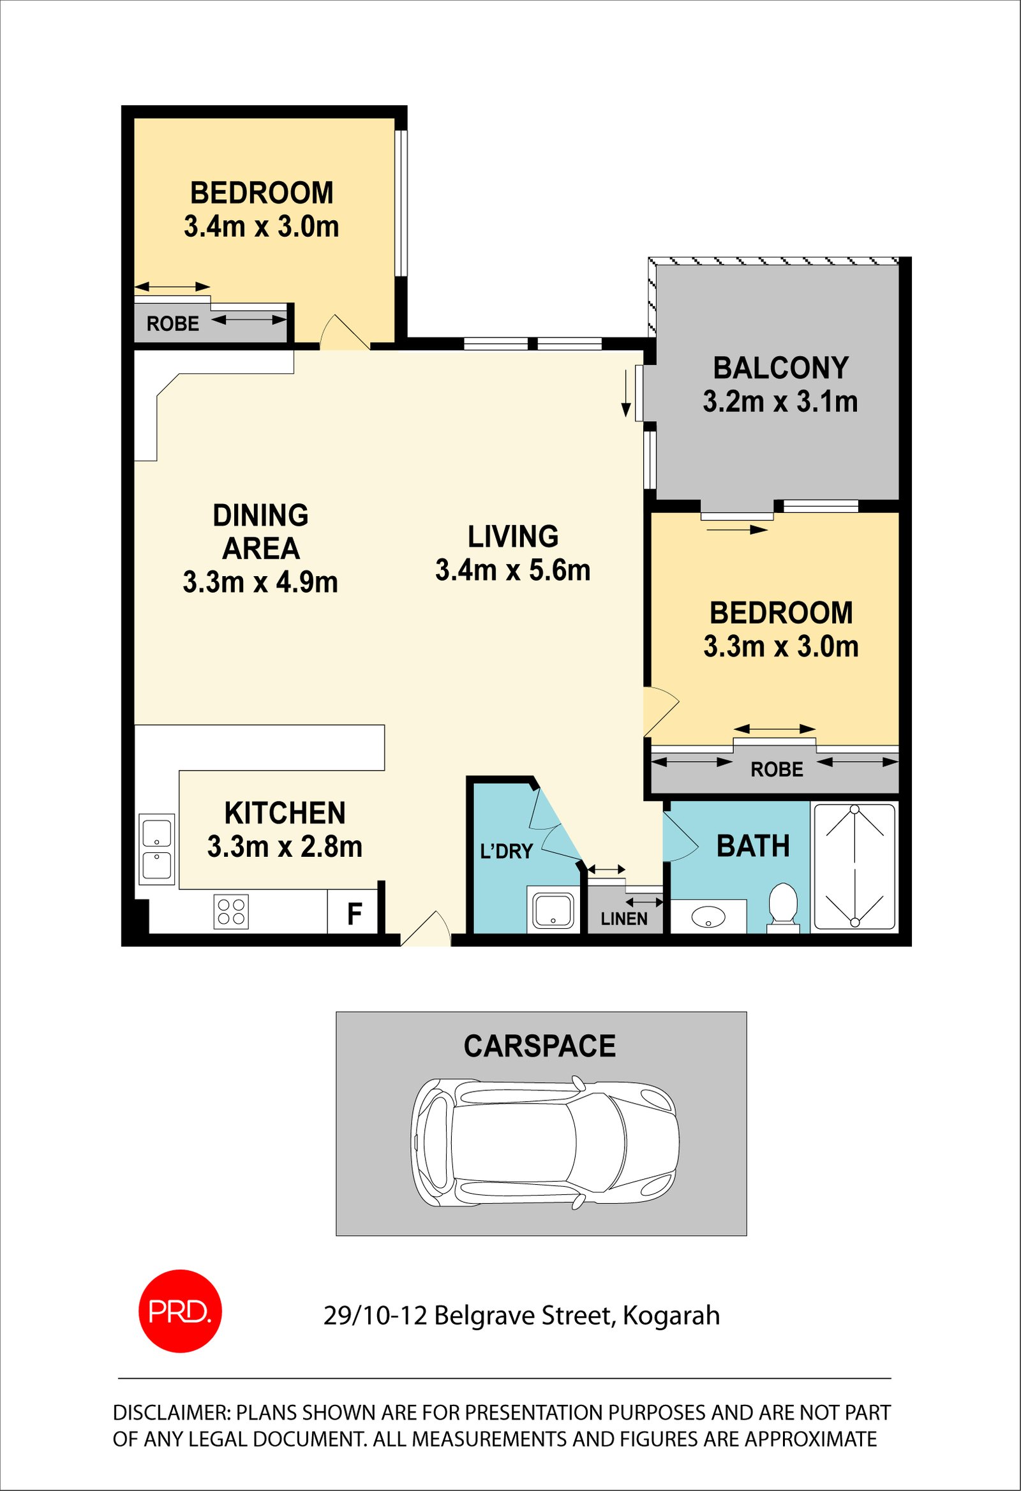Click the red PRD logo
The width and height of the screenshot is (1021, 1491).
181,1310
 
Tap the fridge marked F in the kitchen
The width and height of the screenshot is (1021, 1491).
355,912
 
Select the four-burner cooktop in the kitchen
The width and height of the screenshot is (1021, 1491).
231,912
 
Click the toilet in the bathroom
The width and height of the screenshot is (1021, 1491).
783,907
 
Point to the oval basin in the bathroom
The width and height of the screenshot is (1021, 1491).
708,916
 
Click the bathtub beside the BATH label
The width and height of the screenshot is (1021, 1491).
854,867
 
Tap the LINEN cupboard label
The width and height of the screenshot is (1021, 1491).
623,919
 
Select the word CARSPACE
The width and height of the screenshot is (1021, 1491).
540,1046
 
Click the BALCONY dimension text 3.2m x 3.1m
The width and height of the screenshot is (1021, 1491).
780,402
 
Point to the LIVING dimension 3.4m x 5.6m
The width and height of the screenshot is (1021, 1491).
513,570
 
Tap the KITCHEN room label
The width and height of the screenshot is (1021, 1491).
285,813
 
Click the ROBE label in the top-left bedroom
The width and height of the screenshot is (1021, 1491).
173,323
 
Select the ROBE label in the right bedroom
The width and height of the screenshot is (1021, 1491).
777,769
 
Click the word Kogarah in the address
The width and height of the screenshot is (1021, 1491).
671,1315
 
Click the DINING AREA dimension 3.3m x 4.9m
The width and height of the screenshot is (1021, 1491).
260,582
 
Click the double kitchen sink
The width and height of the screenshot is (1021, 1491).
156,849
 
